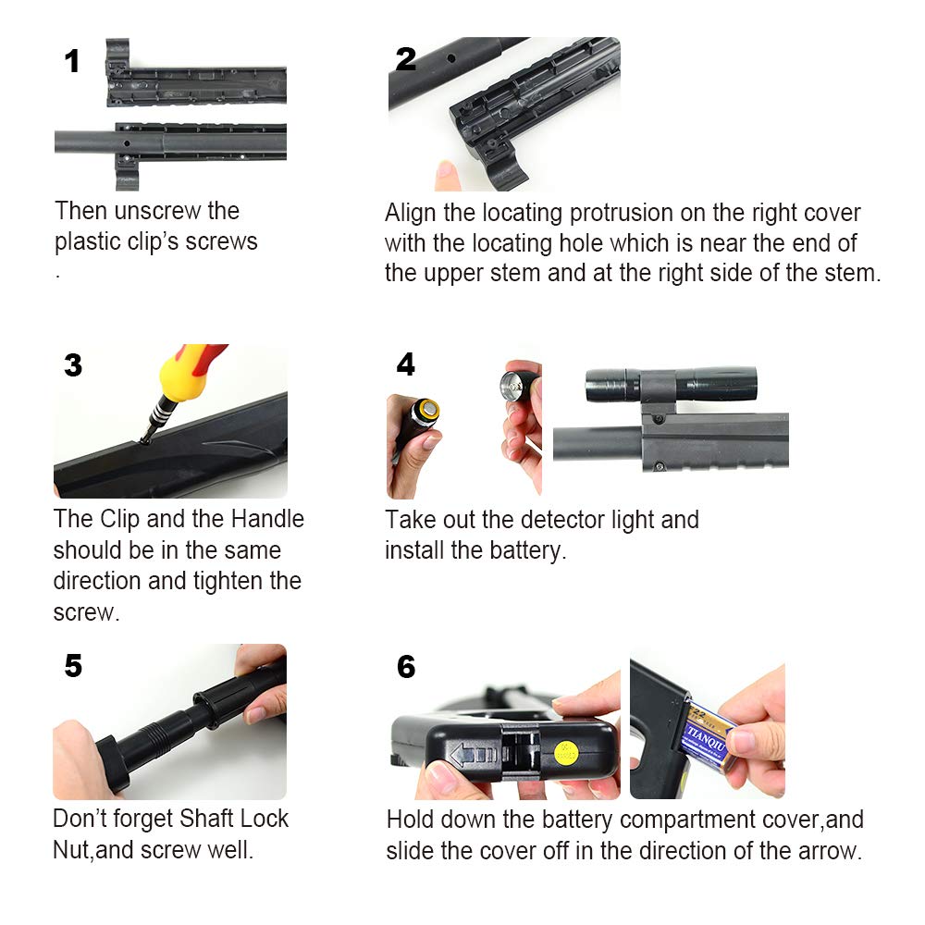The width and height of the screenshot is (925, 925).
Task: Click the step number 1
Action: point(72,61)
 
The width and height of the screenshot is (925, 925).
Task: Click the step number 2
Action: point(406,59)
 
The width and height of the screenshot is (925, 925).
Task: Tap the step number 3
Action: point(73,365)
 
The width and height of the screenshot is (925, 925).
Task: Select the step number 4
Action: point(406,364)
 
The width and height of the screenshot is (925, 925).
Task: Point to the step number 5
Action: point(73,666)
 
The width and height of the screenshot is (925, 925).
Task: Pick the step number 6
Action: point(406,667)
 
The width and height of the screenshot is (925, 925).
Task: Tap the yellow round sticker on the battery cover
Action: point(566,754)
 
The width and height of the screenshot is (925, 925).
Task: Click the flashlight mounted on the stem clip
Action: point(671,385)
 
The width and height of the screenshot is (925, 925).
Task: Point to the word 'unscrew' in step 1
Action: point(157,211)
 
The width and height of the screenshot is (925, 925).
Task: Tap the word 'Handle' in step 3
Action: point(267,519)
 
